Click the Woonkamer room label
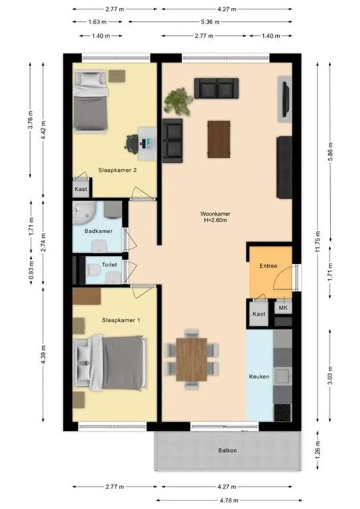point(215,214)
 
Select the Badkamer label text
point(98,231)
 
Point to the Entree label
point(268,266)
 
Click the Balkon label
point(227,451)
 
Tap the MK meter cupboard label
point(283,308)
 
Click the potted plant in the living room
point(178,101)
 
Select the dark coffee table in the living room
point(219,139)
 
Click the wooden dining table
point(192,359)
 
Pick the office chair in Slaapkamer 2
point(131,142)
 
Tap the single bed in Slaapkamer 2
point(91,101)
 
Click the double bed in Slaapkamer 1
point(109,363)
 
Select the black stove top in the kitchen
point(282,412)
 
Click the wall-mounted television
point(285,99)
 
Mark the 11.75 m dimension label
point(318,241)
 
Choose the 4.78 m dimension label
point(229,500)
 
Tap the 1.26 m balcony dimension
point(318,450)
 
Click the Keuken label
point(259,376)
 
